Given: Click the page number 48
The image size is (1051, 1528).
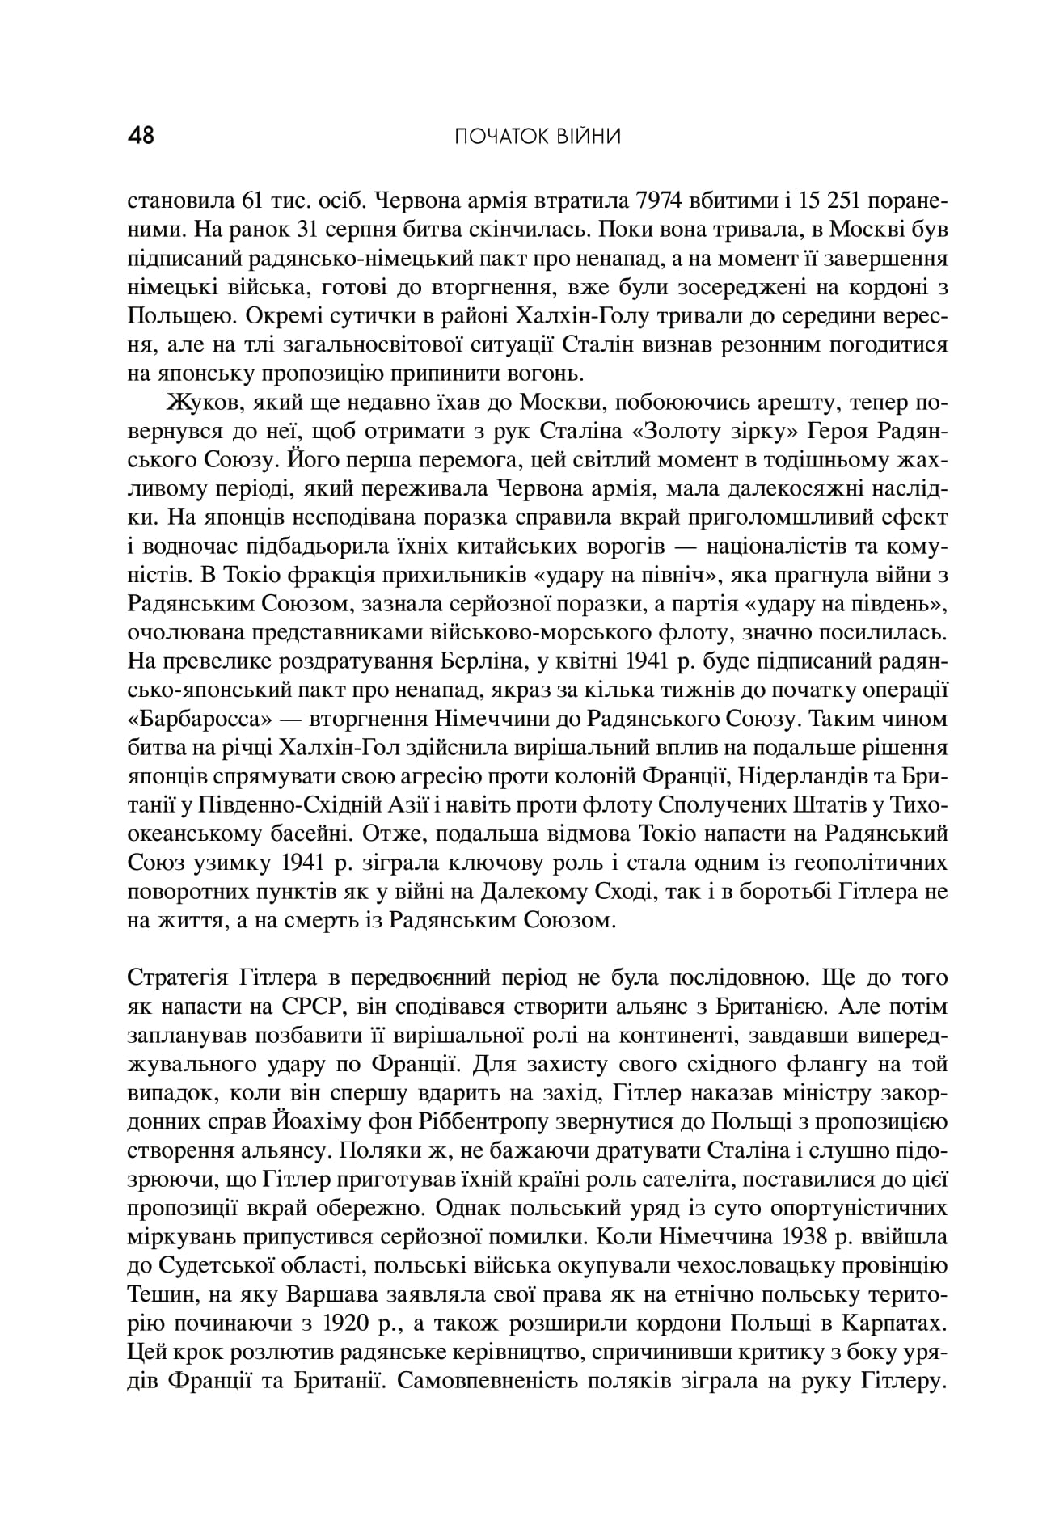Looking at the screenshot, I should pyautogui.click(x=141, y=136).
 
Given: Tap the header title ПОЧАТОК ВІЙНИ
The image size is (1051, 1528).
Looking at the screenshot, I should pyautogui.click(x=538, y=137).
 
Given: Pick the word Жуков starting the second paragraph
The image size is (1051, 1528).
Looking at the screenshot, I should pyautogui.click(x=196, y=403).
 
